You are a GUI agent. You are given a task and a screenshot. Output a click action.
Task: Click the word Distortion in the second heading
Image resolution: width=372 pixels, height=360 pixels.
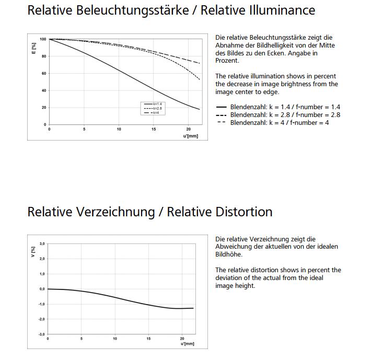click(x=243, y=212)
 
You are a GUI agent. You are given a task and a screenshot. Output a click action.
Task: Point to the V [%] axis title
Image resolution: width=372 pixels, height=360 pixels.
click(x=33, y=253)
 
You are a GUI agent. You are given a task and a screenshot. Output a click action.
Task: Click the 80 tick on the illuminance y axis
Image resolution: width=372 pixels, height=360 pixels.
click(x=44, y=56)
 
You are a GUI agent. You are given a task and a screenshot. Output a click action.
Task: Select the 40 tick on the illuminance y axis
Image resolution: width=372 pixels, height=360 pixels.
click(x=44, y=90)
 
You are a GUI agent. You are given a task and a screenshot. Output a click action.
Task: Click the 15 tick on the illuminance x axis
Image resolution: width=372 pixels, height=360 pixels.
click(x=154, y=129)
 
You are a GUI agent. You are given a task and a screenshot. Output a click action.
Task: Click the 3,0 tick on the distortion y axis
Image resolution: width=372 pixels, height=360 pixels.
click(x=42, y=243)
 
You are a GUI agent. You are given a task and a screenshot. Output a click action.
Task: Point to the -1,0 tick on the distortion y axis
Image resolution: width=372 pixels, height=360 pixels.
click(x=42, y=304)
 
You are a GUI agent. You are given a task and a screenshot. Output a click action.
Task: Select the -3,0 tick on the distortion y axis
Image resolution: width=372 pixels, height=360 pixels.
click(x=42, y=334)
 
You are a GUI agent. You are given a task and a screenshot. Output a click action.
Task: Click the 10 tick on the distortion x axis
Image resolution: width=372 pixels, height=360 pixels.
click(x=115, y=339)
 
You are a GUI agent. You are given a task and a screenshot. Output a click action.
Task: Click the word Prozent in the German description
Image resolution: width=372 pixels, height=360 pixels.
click(x=227, y=61)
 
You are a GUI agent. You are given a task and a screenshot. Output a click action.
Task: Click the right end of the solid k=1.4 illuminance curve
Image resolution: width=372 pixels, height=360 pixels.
click(x=200, y=110)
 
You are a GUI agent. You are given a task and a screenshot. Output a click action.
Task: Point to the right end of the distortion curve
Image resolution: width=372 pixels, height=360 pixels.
click(x=194, y=308)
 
